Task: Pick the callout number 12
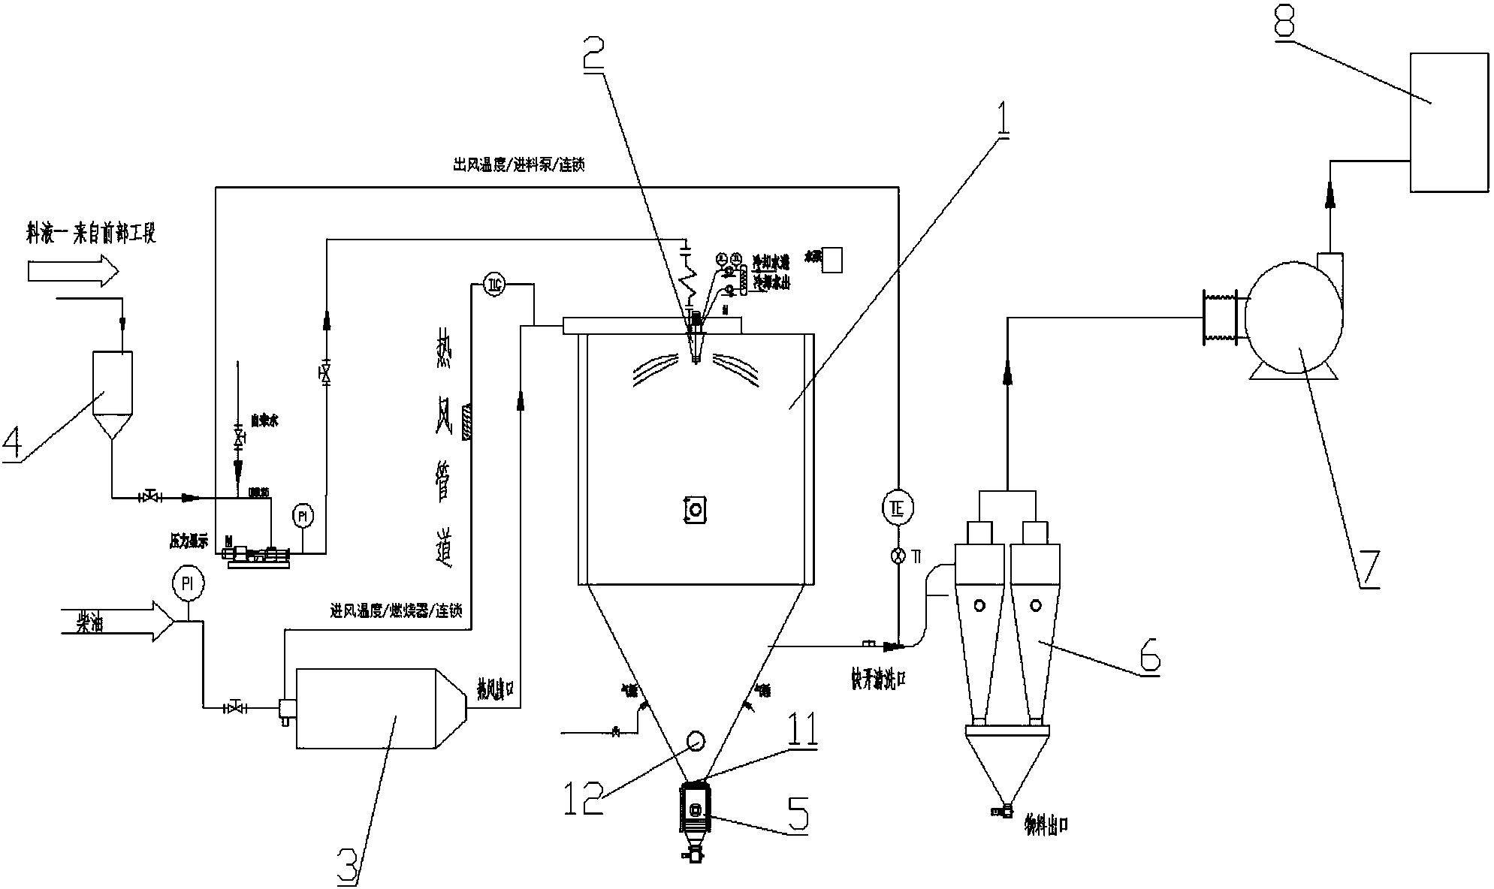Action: (x=584, y=797)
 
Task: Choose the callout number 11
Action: (x=801, y=726)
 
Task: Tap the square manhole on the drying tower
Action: (x=696, y=509)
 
